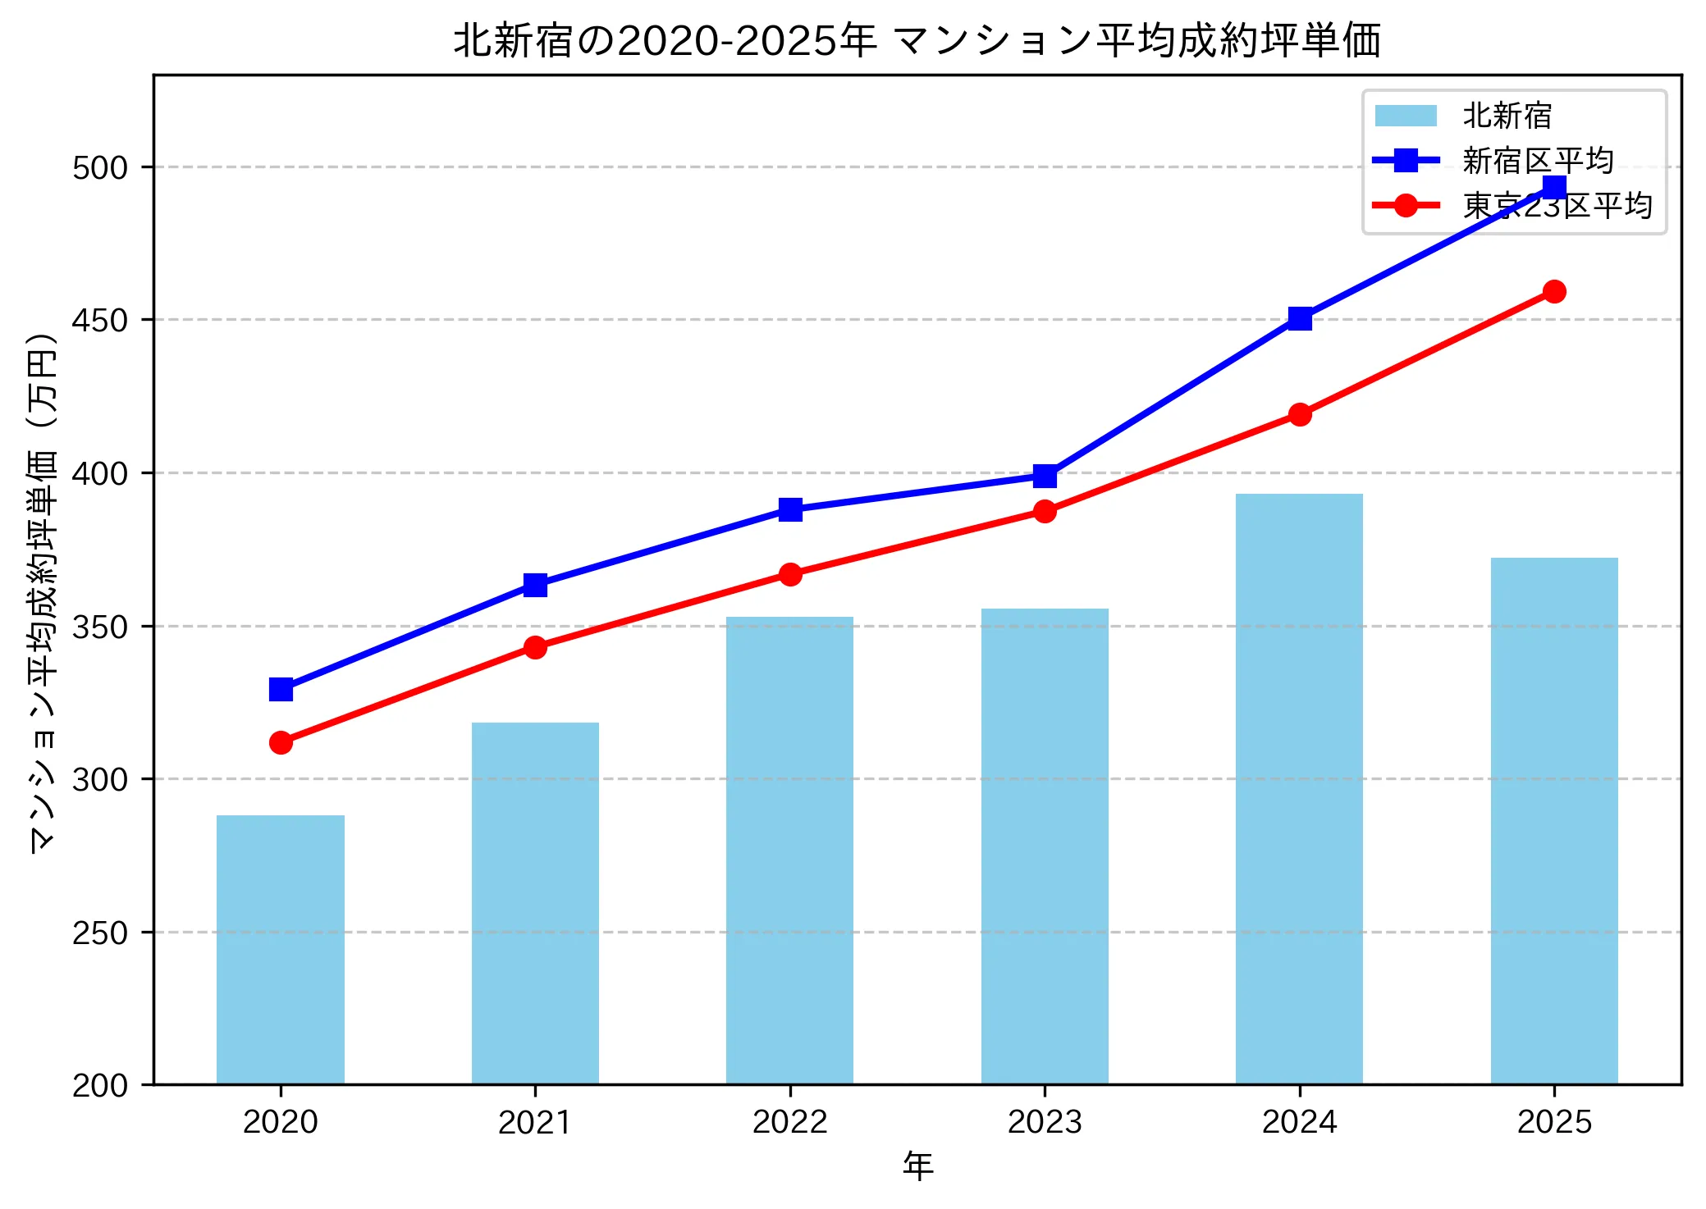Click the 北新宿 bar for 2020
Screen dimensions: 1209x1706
[281, 949]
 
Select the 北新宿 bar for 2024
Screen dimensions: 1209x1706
[1299, 788]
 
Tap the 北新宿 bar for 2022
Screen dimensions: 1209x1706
[789, 850]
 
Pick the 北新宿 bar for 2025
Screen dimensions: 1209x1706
[1554, 820]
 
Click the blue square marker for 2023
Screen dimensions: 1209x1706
[1045, 476]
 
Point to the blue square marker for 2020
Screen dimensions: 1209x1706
[281, 689]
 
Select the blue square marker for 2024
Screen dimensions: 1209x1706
[1300, 318]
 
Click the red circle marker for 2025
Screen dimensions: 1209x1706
[1554, 291]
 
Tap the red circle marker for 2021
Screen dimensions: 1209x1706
[535, 647]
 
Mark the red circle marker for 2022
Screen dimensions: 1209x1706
[790, 574]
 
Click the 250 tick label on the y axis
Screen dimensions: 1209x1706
[100, 933]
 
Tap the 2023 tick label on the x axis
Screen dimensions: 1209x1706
[1045, 1122]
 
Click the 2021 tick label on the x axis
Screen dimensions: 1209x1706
[535, 1122]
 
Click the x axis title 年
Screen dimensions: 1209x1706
[917, 1166]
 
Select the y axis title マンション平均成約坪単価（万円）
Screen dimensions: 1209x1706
[43, 592]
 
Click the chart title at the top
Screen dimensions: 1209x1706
[917, 39]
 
